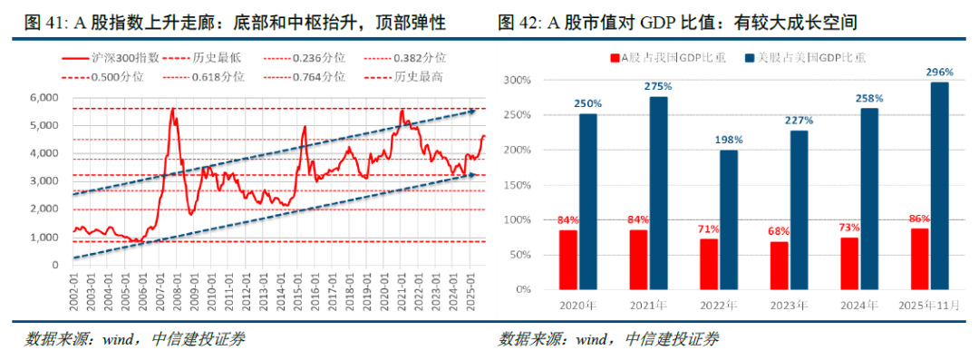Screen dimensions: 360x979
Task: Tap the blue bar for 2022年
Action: coord(729,219)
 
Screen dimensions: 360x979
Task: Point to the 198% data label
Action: coord(729,140)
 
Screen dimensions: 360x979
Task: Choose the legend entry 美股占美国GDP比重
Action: coord(811,57)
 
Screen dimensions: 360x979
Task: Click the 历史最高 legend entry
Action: coord(418,77)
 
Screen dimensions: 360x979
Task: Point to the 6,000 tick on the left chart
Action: coord(44,97)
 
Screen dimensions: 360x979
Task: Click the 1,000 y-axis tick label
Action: coord(44,238)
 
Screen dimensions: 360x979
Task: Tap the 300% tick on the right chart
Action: coord(515,80)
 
